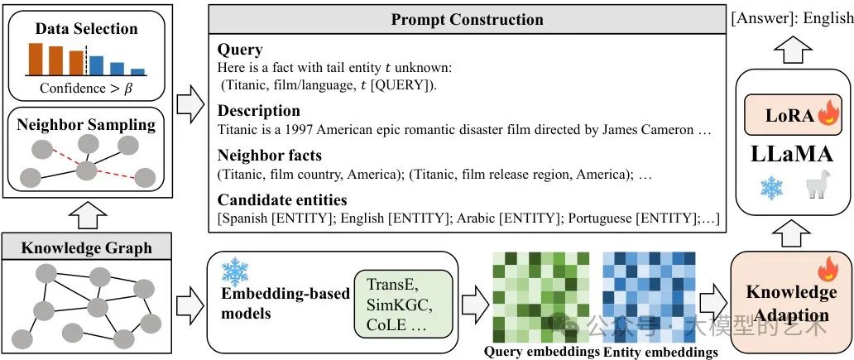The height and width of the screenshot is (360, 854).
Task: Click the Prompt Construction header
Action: (467, 20)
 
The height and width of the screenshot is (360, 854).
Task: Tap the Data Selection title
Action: (87, 29)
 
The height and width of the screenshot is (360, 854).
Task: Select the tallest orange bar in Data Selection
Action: (36, 58)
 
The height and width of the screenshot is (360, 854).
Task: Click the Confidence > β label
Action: (87, 87)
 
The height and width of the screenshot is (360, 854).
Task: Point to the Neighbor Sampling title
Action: (87, 126)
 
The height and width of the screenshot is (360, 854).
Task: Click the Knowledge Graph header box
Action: (87, 247)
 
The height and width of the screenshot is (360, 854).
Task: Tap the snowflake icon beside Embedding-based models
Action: (235, 271)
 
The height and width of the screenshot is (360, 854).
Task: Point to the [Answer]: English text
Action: (791, 19)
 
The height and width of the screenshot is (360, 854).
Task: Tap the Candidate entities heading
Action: (282, 199)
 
